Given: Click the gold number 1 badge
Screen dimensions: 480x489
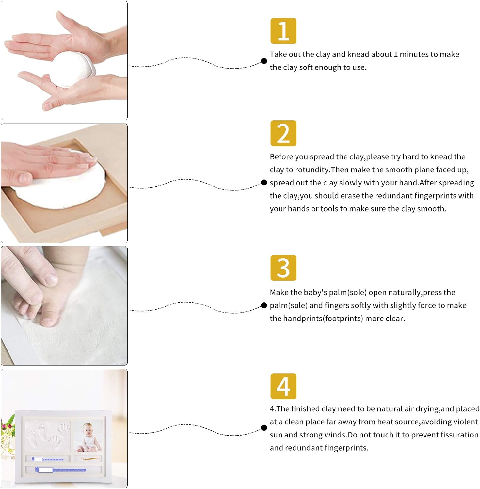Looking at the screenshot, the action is pos(283,31).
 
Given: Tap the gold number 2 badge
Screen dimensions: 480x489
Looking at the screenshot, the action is pos(283,133).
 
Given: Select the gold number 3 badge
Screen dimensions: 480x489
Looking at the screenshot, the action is pos(283,268).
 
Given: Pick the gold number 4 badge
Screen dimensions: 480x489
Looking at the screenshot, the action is pos(283,386).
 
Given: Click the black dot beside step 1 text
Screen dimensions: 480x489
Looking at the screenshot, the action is pos(264,61).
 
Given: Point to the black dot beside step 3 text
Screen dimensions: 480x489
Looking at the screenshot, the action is pos(264,305).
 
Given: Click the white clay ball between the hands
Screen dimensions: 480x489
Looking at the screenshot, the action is pos(73,68).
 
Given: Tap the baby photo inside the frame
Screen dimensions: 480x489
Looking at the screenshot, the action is pos(89,436).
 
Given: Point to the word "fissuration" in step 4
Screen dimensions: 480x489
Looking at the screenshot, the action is pos(459,435).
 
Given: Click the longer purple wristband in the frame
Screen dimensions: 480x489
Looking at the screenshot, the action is pos(61,470).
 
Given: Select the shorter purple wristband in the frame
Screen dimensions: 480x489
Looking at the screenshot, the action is pos(48,459).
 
